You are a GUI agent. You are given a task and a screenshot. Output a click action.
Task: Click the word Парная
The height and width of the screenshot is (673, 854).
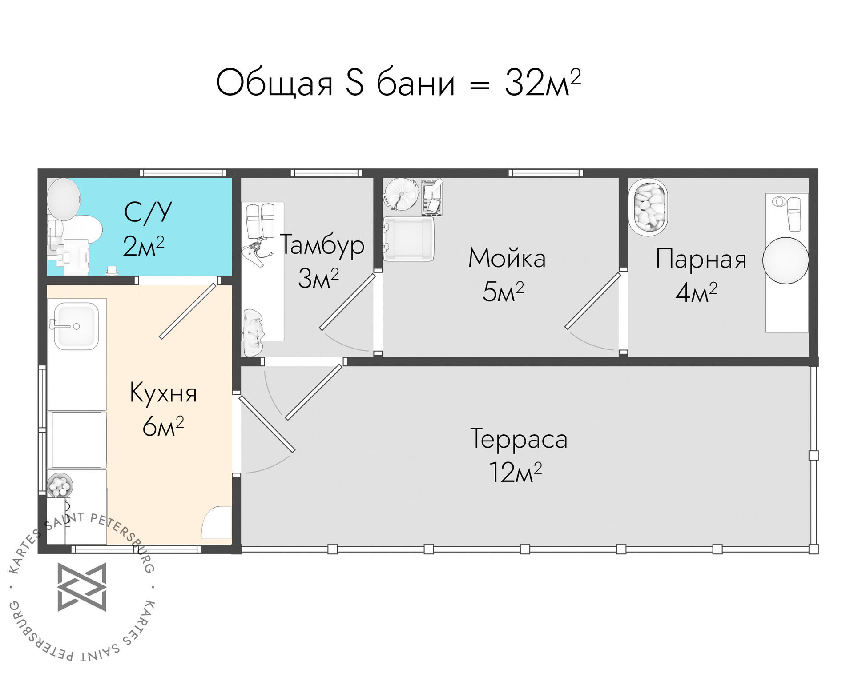click(701, 259)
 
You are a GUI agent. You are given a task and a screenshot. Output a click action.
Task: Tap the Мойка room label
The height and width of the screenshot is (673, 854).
click(507, 258)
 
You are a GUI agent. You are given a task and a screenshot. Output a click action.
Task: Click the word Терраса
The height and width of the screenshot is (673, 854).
click(519, 439)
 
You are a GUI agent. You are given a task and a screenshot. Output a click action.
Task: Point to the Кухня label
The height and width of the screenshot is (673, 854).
click(163, 393)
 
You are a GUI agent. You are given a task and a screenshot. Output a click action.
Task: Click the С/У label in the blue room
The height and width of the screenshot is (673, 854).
click(148, 212)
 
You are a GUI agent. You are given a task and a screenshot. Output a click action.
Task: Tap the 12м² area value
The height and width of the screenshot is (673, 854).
click(516, 472)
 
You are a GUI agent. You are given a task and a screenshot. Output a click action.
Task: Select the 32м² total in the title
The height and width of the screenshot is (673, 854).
click(543, 83)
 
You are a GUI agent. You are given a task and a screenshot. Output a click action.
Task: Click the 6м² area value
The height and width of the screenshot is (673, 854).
click(163, 426)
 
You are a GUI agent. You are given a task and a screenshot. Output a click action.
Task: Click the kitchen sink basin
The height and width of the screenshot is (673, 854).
click(76, 326)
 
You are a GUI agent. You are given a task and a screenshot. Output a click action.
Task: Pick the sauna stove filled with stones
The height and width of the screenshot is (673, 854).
click(648, 207)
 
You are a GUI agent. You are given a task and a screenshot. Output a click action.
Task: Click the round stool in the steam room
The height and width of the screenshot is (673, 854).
click(786, 260)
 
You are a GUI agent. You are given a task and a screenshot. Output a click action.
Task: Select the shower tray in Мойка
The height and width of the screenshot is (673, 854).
click(408, 239)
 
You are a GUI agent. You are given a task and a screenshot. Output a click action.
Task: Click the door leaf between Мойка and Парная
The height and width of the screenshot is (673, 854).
click(592, 301)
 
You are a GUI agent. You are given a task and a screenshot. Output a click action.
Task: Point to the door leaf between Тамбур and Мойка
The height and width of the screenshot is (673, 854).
click(347, 302)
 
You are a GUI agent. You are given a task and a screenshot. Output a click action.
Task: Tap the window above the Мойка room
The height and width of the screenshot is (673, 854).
click(545, 173)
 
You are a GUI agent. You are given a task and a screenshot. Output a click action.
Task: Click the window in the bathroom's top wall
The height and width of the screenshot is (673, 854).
click(183, 173)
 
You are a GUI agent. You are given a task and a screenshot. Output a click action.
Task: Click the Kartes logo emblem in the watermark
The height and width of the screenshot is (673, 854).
click(82, 587)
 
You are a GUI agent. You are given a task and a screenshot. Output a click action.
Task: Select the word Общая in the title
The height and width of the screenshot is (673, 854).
click(274, 83)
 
